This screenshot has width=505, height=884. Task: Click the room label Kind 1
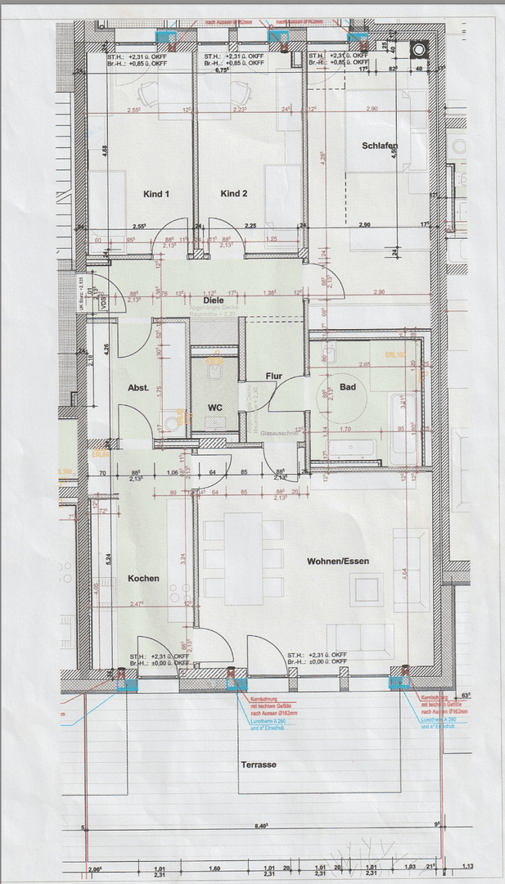click(156, 194)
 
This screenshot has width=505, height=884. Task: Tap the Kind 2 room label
click(233, 194)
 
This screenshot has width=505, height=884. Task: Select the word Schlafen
click(380, 147)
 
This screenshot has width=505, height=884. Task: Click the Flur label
click(274, 377)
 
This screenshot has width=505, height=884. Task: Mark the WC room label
click(215, 407)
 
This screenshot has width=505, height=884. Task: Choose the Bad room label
click(348, 387)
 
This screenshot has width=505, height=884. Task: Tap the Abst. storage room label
click(138, 388)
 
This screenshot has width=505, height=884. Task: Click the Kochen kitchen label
click(143, 578)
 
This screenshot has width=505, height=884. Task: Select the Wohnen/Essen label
click(338, 562)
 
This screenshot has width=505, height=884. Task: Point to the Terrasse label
click(258, 764)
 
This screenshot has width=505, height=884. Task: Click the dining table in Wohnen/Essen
click(243, 558)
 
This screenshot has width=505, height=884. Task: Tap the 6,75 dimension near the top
click(220, 70)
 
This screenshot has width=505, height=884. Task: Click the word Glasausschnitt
click(273, 437)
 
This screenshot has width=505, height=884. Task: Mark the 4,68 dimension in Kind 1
click(105, 150)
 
